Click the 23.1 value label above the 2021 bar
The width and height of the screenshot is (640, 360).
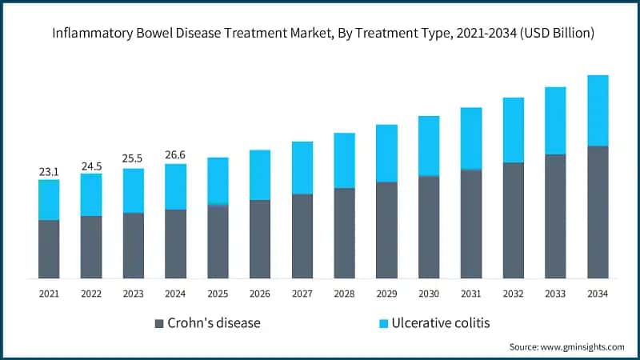click(49, 171)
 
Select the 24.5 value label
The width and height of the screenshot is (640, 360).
click(91, 166)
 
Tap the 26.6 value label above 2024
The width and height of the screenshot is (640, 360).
click(175, 154)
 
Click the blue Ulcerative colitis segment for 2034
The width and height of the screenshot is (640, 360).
click(598, 110)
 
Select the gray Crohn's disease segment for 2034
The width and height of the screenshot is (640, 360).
click(598, 212)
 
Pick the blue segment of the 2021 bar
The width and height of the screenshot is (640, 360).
click(49, 199)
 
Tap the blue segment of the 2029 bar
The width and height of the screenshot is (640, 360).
click(386, 153)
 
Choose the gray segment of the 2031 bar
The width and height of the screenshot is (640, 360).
click(471, 224)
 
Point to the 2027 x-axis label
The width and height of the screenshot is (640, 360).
click(302, 294)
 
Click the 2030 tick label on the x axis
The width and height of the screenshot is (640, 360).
click(429, 294)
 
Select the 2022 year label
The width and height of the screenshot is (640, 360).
click(91, 294)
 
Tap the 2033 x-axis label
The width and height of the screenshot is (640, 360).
click(555, 294)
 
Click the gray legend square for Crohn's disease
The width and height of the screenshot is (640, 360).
click(158, 323)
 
